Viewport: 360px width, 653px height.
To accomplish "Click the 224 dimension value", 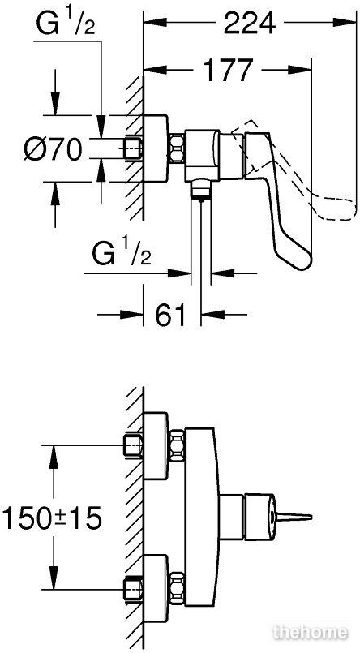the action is click(250, 24).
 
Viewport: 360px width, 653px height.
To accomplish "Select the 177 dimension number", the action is click(228, 70).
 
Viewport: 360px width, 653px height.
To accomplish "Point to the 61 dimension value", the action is click(170, 315).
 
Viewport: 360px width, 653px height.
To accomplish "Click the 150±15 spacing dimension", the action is click(52, 518).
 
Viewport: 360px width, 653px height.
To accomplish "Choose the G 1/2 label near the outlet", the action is click(122, 255).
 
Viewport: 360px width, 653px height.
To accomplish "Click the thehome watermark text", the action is click(310, 633).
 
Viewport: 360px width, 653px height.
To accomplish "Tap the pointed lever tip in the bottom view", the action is click(310, 518).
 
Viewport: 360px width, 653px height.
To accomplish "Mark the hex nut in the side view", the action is click(177, 148).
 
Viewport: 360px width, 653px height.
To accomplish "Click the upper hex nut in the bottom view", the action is click(177, 445).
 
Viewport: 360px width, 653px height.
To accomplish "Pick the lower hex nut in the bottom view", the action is click(177, 587).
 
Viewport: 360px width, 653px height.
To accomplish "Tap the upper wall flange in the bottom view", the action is click(156, 445).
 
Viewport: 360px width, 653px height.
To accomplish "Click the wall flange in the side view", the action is click(155, 148).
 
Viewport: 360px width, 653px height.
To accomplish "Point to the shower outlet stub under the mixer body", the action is click(201, 190).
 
